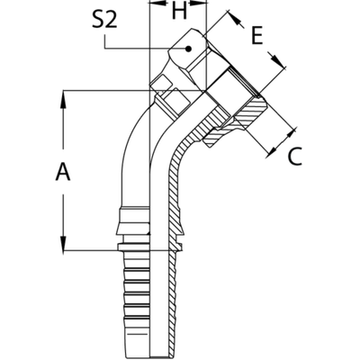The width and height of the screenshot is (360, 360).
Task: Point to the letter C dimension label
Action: pyautogui.click(x=293, y=159)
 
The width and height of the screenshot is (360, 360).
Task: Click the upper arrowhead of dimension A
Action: pyautogui.click(x=63, y=94)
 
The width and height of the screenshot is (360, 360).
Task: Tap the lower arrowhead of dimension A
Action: pyautogui.click(x=63, y=244)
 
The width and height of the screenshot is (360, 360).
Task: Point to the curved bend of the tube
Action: pyautogui.click(x=144, y=144)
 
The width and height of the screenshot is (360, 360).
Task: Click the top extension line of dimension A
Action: pyautogui.click(x=108, y=90)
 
